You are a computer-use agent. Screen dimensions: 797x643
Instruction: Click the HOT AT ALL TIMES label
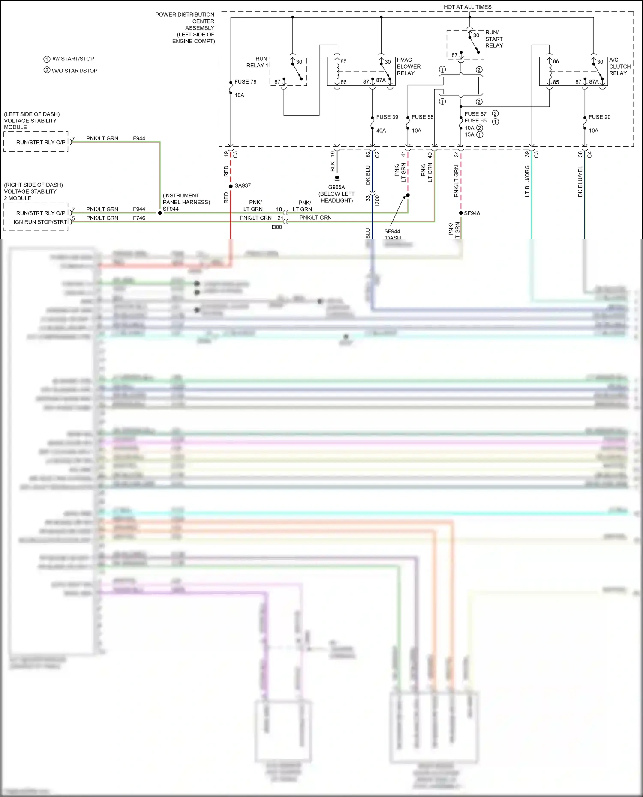[x=467, y=7]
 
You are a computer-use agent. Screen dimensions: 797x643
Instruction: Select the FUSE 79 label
[x=245, y=82]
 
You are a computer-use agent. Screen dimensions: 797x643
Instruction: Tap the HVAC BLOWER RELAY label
[x=409, y=66]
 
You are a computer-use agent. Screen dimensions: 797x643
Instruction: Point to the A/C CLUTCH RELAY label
[x=619, y=66]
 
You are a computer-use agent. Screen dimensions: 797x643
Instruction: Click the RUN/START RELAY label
[x=494, y=39]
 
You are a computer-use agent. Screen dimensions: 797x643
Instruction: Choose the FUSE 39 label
[x=387, y=117]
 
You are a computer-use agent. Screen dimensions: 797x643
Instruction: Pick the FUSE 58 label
[x=422, y=117]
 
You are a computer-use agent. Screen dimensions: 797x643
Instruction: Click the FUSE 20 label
[x=599, y=117]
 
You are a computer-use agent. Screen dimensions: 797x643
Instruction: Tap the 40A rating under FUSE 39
[x=381, y=131]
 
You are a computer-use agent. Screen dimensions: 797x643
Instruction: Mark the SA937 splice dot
[x=231, y=186]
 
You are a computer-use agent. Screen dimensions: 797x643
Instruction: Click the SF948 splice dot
[x=461, y=213]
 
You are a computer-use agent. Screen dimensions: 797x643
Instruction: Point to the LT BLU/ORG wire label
[x=527, y=181]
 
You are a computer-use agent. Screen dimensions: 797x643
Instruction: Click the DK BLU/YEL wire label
[x=580, y=182]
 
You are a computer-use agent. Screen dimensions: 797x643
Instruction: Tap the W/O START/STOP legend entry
[x=71, y=71]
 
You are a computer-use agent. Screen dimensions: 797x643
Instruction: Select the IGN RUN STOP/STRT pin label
[x=40, y=222]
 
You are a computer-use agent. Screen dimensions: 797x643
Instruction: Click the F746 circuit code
[x=139, y=218]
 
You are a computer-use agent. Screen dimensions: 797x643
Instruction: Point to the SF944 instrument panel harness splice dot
[x=160, y=212]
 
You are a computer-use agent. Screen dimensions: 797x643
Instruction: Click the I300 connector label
[x=277, y=227]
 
